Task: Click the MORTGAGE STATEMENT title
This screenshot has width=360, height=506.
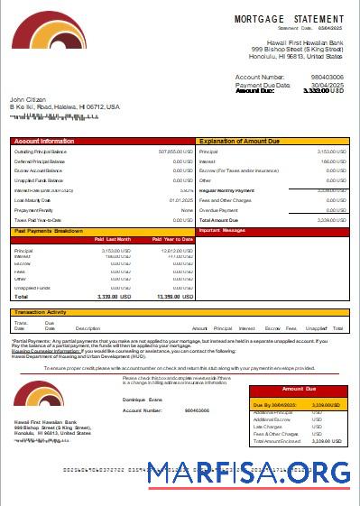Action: tap(289, 19)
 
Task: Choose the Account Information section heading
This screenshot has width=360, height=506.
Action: tap(44, 142)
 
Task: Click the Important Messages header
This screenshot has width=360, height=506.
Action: tap(222, 231)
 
